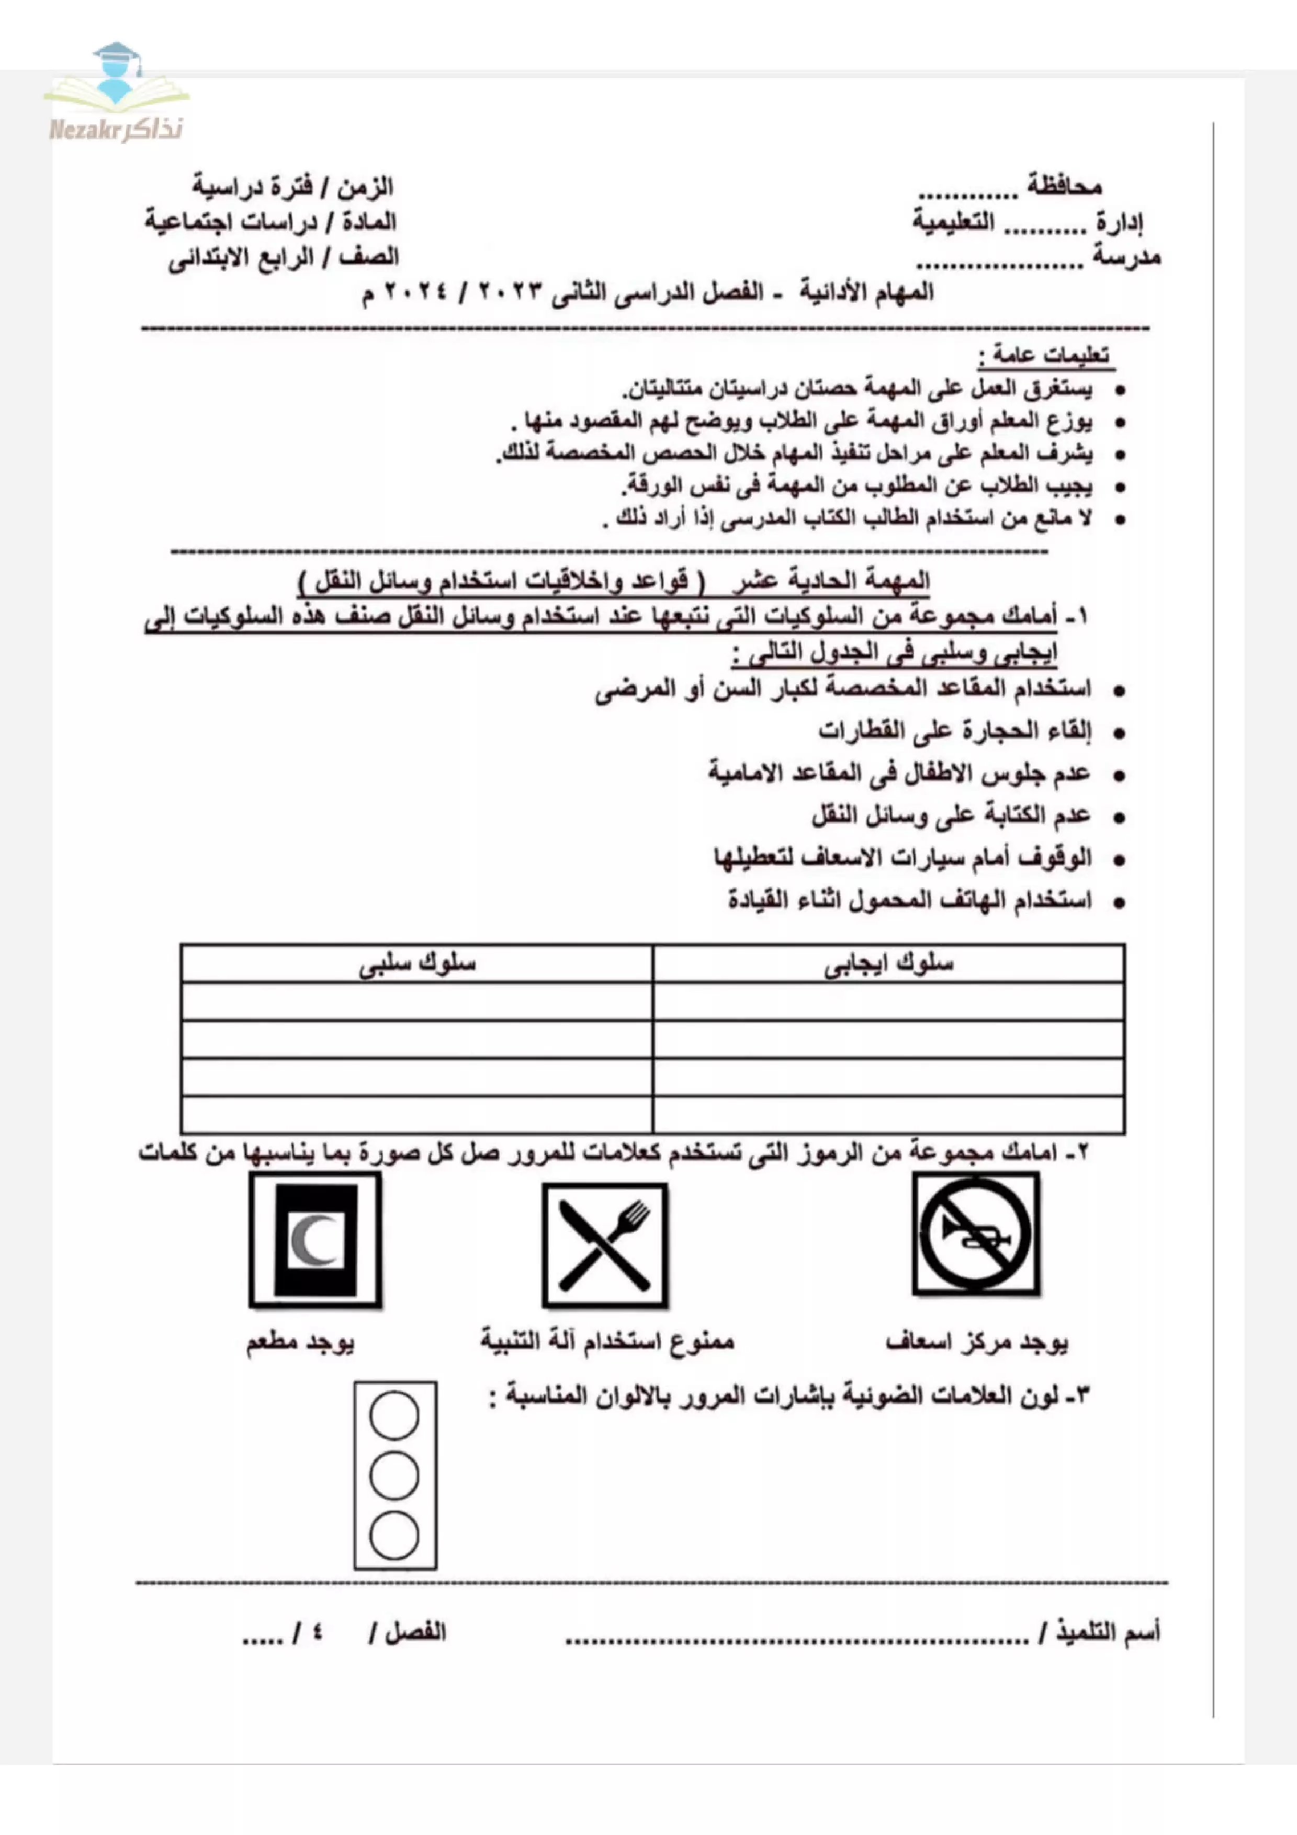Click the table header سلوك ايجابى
click(888, 964)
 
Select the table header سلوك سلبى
click(417, 964)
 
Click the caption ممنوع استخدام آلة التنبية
click(607, 1340)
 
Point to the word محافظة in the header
click(1065, 187)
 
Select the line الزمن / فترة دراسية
click(292, 187)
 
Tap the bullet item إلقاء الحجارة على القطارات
click(954, 730)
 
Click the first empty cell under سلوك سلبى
click(417, 1001)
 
